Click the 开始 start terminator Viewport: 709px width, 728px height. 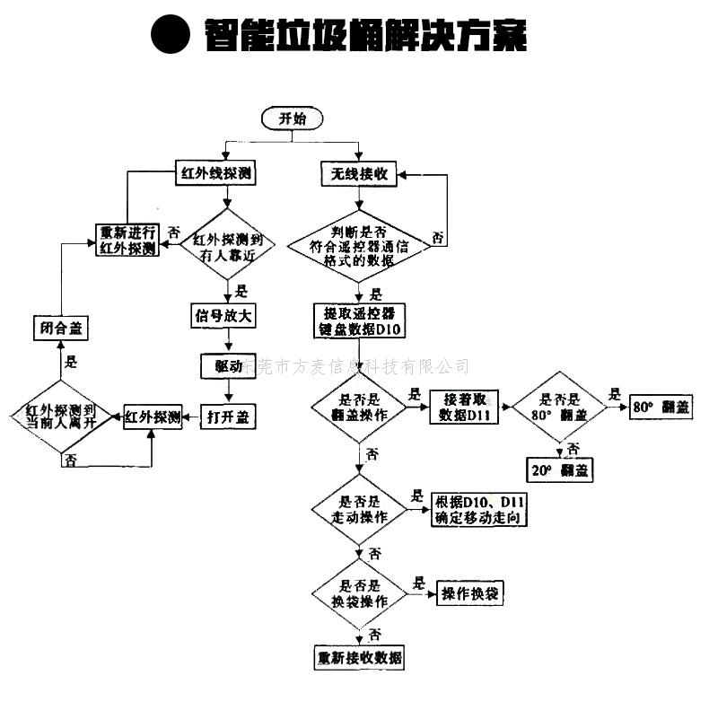coord(291,118)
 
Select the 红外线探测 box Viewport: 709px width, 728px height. coord(215,174)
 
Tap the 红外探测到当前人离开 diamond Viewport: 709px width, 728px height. coord(63,416)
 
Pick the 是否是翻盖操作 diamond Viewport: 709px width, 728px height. coord(357,408)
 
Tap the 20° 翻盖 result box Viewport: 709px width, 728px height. coord(560,470)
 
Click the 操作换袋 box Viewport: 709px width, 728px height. coord(472,593)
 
